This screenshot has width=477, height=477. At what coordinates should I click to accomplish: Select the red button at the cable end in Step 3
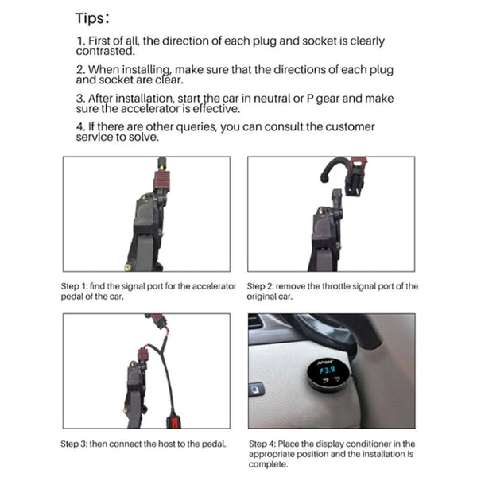click(170, 421)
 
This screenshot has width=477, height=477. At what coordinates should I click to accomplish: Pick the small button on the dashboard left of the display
click(257, 389)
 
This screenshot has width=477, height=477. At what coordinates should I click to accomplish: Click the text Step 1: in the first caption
click(76, 286)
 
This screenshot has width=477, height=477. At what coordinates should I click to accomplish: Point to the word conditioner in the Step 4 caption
click(359, 444)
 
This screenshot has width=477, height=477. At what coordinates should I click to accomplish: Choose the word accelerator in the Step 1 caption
click(212, 286)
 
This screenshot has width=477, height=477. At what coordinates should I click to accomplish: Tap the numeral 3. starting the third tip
click(80, 99)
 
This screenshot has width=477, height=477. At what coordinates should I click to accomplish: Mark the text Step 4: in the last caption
click(263, 444)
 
